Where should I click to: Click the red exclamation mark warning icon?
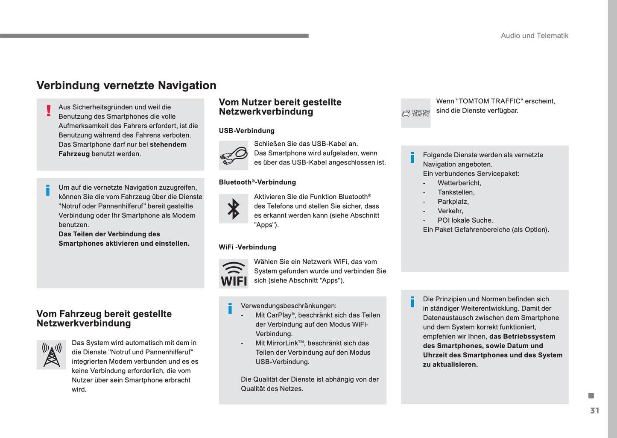[49, 111]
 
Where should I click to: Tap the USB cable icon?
[234, 156]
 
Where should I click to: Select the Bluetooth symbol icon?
[234, 209]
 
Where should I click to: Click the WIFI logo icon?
[234, 274]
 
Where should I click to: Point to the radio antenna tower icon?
[52, 355]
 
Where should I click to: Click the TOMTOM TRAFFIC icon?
[416, 113]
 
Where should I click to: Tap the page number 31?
[594, 411]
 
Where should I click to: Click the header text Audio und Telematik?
[534, 36]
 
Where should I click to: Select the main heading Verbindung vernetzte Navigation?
[126, 85]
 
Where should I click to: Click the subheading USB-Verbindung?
[247, 131]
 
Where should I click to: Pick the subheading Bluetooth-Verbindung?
[257, 182]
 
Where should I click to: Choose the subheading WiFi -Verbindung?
[248, 247]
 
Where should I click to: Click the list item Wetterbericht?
[459, 183]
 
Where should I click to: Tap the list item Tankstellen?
[456, 193]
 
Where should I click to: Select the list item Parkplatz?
[453, 202]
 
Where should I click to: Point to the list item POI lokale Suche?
[465, 220]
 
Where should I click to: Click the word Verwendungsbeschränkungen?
[289, 306]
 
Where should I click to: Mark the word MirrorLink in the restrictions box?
[277, 344]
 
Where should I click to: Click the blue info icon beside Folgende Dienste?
[412, 158]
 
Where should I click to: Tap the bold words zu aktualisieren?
[450, 365]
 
